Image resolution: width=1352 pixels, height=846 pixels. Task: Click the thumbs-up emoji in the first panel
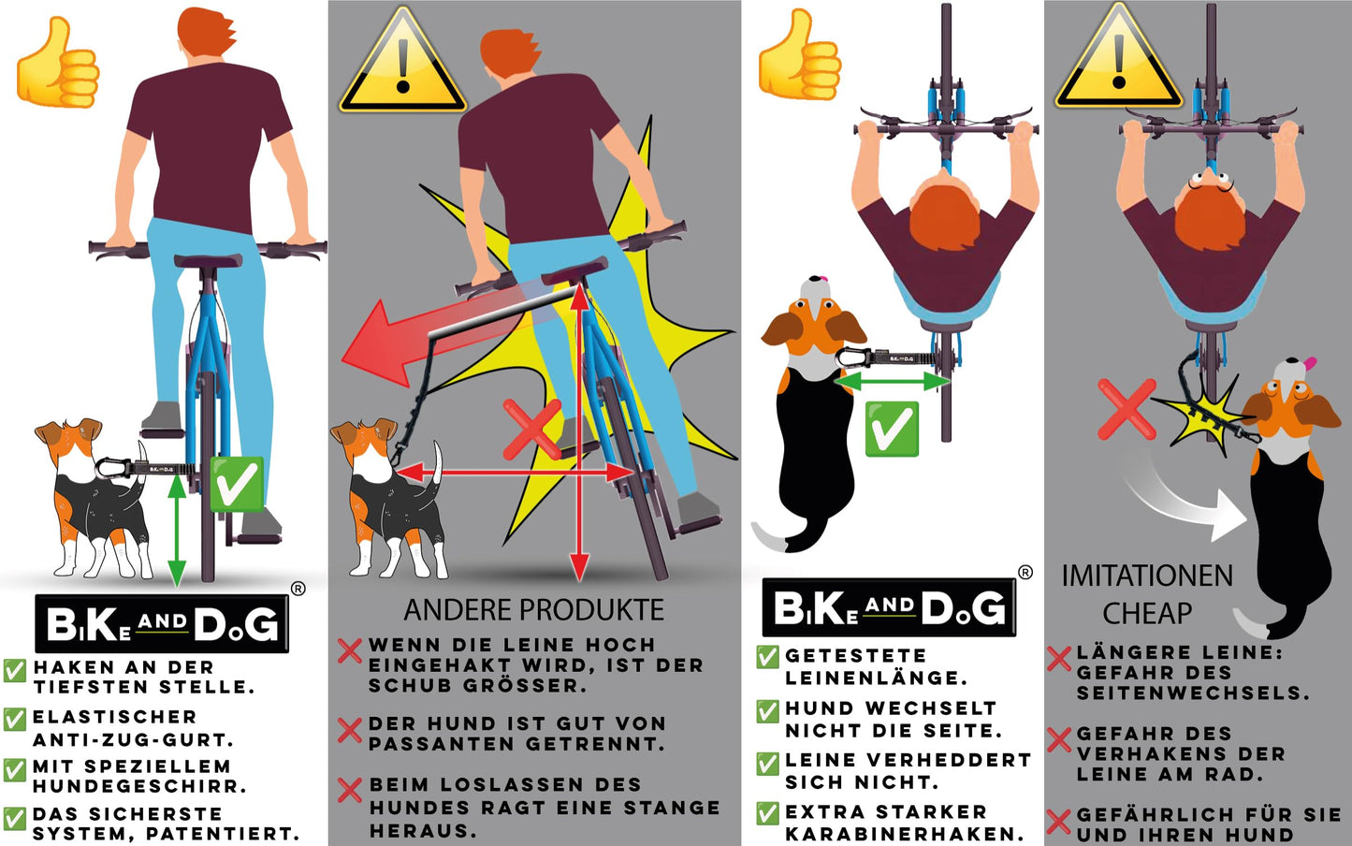(57, 64)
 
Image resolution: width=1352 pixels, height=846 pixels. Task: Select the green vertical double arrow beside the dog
(176, 531)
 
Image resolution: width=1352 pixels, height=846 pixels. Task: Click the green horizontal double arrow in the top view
(892, 381)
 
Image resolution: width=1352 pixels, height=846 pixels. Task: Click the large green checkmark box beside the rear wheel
(237, 484)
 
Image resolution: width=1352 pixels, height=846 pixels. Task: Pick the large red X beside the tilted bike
(531, 430)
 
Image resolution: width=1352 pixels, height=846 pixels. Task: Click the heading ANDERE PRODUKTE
(534, 610)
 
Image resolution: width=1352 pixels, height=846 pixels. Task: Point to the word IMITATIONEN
(1147, 576)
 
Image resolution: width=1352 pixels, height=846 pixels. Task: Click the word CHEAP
(1147, 614)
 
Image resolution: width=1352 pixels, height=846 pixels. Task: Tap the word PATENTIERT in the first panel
(223, 835)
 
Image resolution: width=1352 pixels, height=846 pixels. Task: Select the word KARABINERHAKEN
(904, 835)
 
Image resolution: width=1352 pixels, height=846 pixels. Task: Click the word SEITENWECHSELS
(1193, 693)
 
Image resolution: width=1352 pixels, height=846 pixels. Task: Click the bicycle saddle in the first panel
(209, 261)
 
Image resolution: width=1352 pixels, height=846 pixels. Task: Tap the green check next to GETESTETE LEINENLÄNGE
(768, 657)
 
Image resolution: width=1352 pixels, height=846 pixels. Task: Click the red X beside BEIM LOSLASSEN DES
(350, 790)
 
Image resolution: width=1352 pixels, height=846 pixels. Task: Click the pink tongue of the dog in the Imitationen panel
(1309, 363)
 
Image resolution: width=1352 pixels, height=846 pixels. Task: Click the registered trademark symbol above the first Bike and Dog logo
(298, 589)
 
